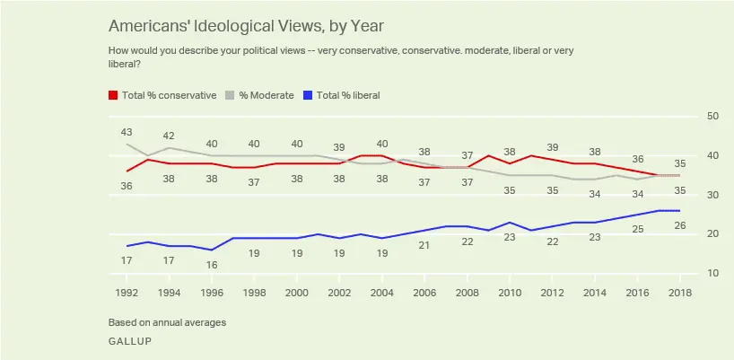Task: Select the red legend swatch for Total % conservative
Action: click(x=112, y=95)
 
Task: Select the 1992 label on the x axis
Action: click(x=127, y=293)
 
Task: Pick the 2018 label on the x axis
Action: click(x=679, y=293)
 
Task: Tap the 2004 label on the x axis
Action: click(x=382, y=293)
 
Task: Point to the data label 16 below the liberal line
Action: click(x=212, y=266)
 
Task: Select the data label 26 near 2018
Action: click(x=679, y=225)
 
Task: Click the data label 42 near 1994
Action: click(x=170, y=136)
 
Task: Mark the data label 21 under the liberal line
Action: click(x=424, y=246)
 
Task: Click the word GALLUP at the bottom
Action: click(x=129, y=342)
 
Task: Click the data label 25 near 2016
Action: click(x=637, y=230)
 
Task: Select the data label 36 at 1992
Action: click(x=127, y=186)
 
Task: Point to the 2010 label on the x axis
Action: click(x=510, y=293)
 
